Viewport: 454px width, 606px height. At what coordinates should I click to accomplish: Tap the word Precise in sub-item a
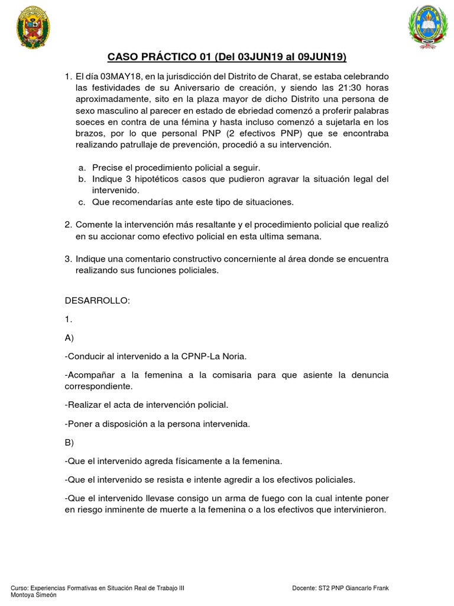pos(108,167)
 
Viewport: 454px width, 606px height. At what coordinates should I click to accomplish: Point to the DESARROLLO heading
pos(96,300)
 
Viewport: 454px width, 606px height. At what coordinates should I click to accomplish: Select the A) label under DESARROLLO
pos(69,339)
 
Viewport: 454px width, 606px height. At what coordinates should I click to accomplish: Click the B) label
pos(69,442)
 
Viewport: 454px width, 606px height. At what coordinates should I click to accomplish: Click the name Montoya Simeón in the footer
pos(34,595)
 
